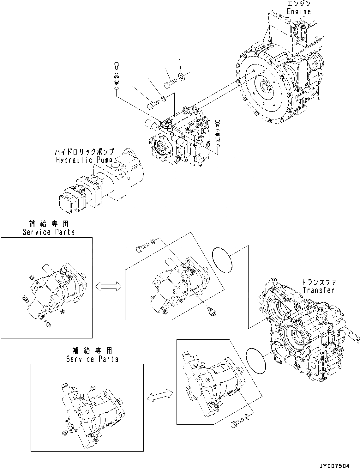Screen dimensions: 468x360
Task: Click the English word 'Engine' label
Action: pyautogui.click(x=298, y=12)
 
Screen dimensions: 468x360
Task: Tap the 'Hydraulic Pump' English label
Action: pyautogui.click(x=84, y=160)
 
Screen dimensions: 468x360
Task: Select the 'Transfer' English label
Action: pyautogui.click(x=318, y=290)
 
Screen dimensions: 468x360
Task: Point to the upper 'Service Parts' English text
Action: pyautogui.click(x=49, y=232)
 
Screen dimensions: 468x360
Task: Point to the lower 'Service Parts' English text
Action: pyautogui.click(x=92, y=359)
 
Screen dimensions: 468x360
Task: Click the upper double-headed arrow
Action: pyautogui.click(x=109, y=286)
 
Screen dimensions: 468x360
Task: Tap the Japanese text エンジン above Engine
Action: pyautogui.click(x=299, y=4)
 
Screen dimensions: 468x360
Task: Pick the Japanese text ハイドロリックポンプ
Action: pyautogui.click(x=84, y=152)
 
